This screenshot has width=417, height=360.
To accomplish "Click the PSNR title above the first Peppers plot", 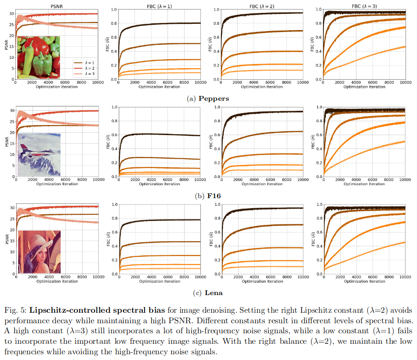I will [56, 6].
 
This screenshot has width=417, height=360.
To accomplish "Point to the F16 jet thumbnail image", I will [39, 155].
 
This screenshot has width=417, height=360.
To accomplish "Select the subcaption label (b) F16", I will [208, 196].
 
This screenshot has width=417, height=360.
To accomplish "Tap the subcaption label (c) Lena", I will [208, 293].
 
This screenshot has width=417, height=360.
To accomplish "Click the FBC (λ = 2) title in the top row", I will [261, 6].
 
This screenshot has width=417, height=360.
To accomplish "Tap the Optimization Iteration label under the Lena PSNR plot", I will [56, 281].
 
